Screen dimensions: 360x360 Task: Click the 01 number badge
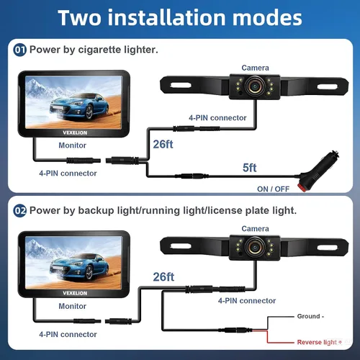19,50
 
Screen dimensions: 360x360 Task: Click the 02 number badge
19,211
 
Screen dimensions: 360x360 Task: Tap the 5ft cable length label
250,168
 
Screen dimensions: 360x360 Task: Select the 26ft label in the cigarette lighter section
163,144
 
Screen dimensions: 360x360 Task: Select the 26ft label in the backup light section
163,276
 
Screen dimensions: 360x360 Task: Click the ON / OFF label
273,189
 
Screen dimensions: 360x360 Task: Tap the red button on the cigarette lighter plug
302,187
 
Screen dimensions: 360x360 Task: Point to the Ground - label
310,316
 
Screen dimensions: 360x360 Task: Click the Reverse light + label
320,342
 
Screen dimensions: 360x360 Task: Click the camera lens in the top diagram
255,86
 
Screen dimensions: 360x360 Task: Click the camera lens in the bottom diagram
255,246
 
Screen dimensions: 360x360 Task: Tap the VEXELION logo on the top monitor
75,132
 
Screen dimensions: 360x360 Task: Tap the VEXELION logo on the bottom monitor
75,293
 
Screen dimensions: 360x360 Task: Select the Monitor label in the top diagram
72,145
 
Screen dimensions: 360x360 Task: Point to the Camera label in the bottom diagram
255,228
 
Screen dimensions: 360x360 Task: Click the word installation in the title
167,17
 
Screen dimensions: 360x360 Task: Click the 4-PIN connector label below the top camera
217,118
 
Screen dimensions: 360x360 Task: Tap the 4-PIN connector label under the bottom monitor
68,334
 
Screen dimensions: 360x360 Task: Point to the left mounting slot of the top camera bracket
181,85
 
